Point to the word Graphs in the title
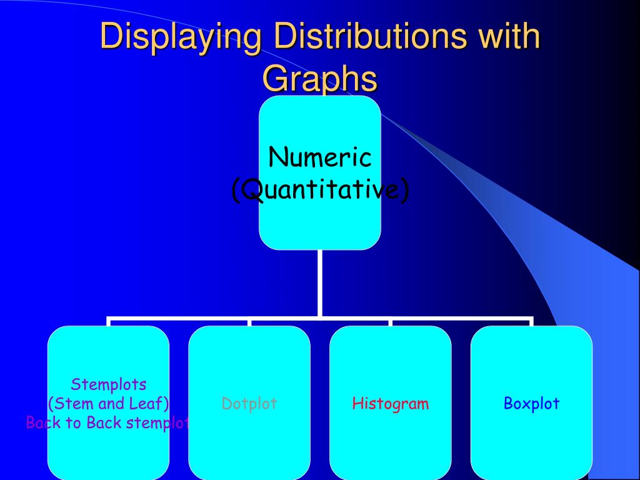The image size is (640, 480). click(319, 79)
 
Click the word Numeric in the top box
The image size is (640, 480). click(320, 157)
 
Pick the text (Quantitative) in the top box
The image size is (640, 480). click(320, 189)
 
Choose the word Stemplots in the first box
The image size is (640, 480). click(109, 384)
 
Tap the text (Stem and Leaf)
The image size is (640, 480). click(109, 404)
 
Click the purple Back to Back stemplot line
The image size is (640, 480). click(107, 423)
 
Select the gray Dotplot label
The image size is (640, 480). click(249, 404)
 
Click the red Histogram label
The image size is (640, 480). click(391, 404)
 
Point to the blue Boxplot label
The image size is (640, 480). click(532, 404)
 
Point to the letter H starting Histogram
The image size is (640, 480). click(357, 404)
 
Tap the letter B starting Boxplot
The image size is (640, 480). click(508, 404)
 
